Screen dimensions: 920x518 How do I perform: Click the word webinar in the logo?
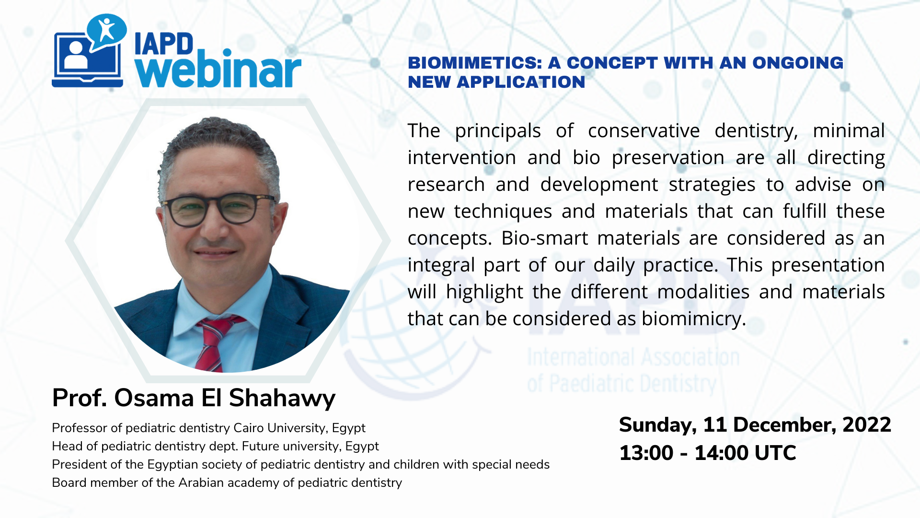(218, 70)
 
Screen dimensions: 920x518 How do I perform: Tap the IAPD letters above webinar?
(164, 44)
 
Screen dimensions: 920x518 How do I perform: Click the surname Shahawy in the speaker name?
(282, 399)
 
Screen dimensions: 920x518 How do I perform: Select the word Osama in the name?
(154, 398)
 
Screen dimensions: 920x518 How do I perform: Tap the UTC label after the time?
(775, 453)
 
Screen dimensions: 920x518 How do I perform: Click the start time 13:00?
(646, 453)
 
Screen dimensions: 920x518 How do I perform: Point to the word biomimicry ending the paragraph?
(694, 319)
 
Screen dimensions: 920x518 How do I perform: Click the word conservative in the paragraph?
(644, 131)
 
